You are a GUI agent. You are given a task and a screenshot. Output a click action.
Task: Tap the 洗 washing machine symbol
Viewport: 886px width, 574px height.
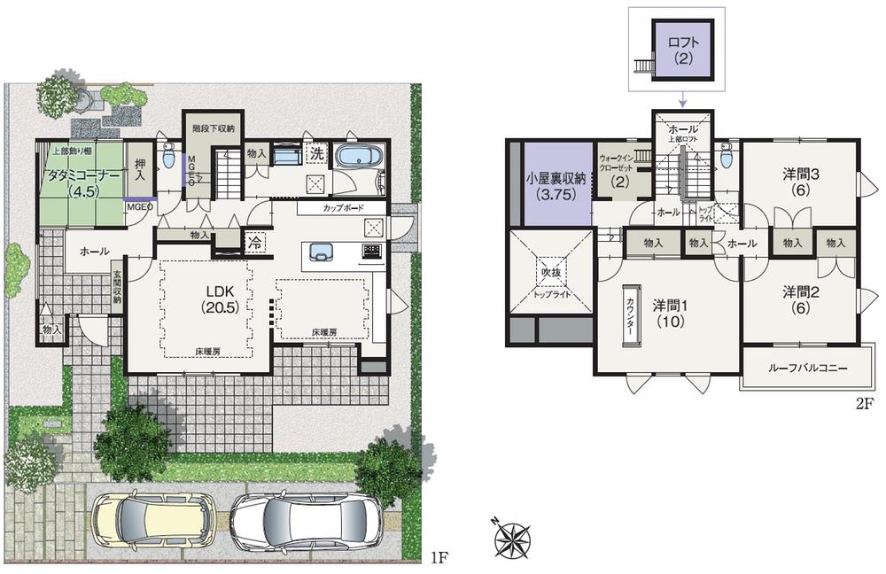(x=316, y=152)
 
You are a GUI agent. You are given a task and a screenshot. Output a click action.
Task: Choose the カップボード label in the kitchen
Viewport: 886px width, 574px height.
(x=340, y=210)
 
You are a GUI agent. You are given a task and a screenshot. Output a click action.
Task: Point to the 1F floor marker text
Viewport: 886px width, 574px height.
(x=439, y=558)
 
